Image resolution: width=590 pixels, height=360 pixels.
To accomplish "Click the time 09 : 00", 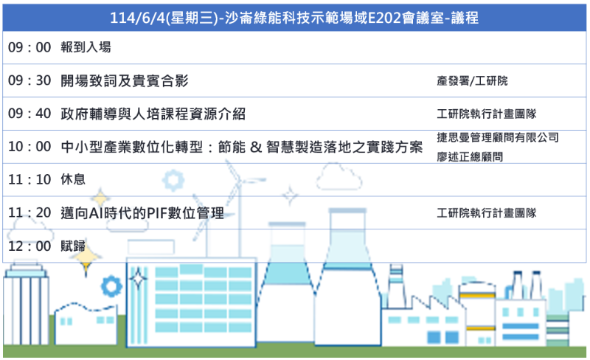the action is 29,47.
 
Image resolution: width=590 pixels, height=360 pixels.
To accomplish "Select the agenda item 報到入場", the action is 86,47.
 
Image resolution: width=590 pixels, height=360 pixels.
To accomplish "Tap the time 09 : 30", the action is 29,80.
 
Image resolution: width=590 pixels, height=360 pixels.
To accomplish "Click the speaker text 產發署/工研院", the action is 472,80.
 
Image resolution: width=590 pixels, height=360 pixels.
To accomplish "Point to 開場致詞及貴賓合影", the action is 125,80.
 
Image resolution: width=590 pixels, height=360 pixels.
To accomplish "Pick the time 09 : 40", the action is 29,114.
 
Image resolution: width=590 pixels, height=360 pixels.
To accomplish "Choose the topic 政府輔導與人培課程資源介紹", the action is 153,114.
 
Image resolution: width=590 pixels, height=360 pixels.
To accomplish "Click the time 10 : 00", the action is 29,147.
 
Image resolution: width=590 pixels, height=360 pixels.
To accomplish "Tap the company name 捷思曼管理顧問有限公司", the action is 498,137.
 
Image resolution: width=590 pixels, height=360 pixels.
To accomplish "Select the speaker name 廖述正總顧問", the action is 470,156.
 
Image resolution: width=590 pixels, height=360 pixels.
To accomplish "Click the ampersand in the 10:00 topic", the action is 256,147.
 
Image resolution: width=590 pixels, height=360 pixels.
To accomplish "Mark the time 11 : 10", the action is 29,179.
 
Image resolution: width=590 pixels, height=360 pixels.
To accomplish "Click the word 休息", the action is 73,179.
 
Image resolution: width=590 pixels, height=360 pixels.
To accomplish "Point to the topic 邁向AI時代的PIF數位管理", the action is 142,213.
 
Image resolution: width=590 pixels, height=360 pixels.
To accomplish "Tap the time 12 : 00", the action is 29,246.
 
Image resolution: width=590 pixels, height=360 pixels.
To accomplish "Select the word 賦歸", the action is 73,246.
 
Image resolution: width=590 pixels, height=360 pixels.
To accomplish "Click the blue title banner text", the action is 294,18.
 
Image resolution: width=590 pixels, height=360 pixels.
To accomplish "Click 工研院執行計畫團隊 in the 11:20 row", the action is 487,213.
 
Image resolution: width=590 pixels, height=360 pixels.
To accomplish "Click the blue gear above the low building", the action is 111,286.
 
